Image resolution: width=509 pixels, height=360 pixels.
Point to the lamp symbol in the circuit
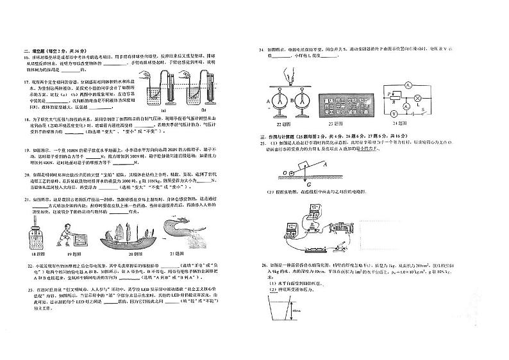coord(419,97)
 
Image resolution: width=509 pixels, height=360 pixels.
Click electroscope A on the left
coord(282,101)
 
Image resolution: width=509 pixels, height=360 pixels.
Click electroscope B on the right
coord(303,101)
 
